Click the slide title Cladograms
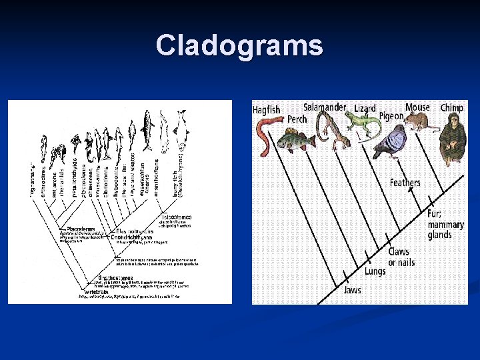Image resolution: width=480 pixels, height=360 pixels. [x=239, y=46]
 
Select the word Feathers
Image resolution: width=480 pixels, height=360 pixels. [x=405, y=183]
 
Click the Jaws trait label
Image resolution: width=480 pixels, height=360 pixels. [x=353, y=290]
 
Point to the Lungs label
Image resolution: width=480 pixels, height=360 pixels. [x=375, y=271]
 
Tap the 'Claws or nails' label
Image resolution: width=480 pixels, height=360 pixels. [x=401, y=257]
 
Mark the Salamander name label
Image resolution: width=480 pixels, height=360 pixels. [x=325, y=107]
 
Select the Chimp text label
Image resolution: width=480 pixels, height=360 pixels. [x=452, y=107]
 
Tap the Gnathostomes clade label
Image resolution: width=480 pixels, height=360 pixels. [x=115, y=277]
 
